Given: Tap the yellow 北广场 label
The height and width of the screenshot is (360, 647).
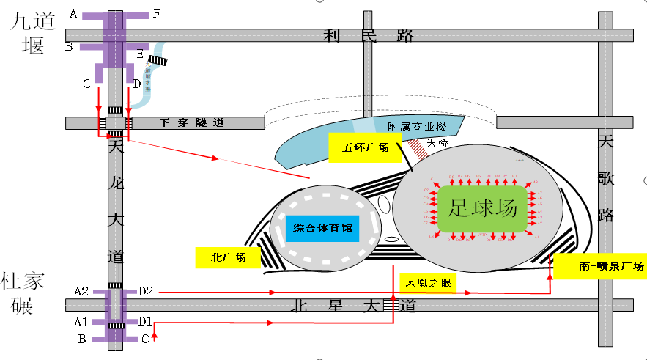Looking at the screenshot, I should coord(228,257).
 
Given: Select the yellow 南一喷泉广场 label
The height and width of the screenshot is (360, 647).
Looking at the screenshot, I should coord(599,267).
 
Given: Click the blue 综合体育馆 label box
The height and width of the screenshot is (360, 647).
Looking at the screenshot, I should coord(322,228).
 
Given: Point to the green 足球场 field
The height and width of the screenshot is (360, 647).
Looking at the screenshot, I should coord(484,209).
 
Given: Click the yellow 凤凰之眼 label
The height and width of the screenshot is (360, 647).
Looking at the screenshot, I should coord(426,283).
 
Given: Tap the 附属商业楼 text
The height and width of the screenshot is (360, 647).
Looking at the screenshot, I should coord(417,126).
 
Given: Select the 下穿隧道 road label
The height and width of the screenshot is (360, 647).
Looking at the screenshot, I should coord(191,123).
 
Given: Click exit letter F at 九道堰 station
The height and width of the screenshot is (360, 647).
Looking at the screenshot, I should coord(156,13).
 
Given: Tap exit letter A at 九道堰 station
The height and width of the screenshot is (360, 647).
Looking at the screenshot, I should coord(73,13).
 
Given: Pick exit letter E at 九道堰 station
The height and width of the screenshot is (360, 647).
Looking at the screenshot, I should coord(139,54).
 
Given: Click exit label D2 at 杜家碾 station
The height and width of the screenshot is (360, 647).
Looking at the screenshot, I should coord(145,292).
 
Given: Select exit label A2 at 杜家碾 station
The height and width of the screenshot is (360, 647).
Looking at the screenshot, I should coord(81,292).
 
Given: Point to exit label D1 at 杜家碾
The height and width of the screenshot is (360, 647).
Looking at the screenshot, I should coord(145,321).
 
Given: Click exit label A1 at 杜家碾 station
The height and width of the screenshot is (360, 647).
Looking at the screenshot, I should coord(81,321).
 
